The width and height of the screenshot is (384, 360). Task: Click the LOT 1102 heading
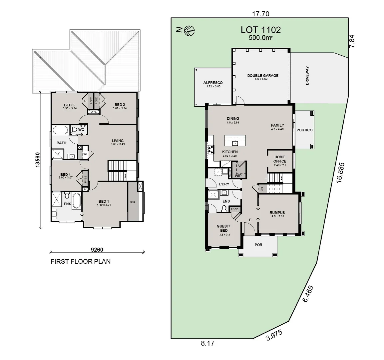(x=260, y=30)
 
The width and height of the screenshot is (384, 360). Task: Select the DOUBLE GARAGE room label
(x=262, y=76)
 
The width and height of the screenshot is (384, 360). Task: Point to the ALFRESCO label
(x=213, y=83)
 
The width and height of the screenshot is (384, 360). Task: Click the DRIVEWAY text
(x=307, y=76)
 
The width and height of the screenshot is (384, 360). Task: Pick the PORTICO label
(x=304, y=130)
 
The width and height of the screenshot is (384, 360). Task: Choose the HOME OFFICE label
(x=280, y=159)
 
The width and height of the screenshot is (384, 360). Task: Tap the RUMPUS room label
(x=277, y=213)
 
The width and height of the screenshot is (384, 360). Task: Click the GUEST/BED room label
(x=223, y=228)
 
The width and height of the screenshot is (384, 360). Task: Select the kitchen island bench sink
(x=235, y=143)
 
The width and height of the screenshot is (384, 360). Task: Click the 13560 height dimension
(x=38, y=160)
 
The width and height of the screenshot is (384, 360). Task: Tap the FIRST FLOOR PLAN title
(x=81, y=261)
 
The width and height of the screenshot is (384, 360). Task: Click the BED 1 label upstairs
(x=103, y=201)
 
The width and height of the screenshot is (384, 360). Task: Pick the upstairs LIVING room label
(x=118, y=141)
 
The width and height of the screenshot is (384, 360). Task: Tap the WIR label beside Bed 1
(x=133, y=202)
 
